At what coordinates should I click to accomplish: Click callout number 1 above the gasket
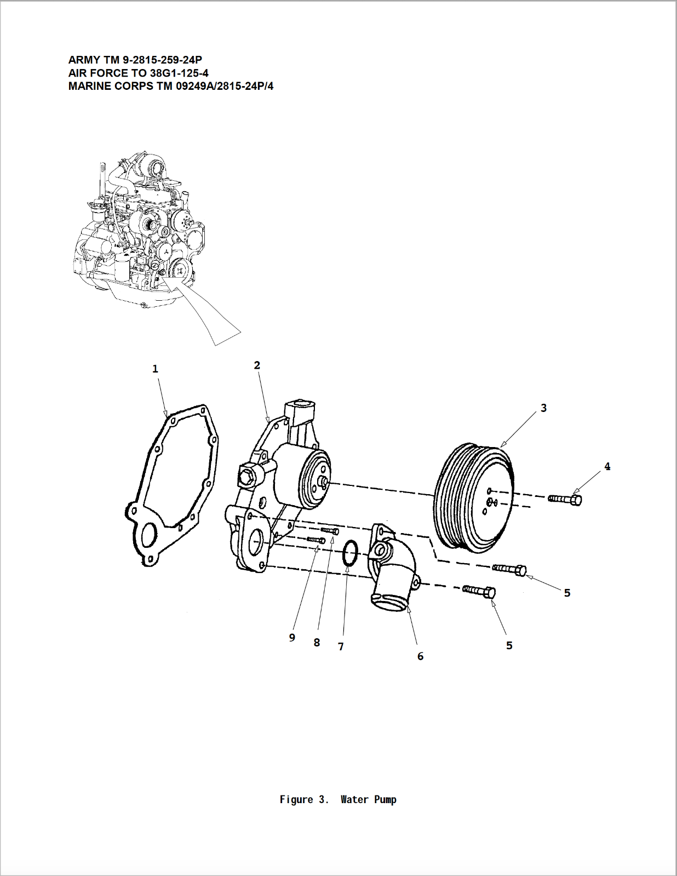(x=155, y=369)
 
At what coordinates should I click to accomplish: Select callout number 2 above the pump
(x=257, y=365)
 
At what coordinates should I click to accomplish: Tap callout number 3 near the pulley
(x=543, y=408)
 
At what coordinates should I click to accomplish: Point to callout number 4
(x=607, y=467)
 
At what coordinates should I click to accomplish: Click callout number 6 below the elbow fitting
(x=420, y=656)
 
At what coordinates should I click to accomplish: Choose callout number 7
(x=341, y=647)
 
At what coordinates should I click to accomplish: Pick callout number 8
(x=317, y=643)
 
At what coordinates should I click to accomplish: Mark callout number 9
(x=292, y=638)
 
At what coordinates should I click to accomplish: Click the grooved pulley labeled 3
(x=474, y=496)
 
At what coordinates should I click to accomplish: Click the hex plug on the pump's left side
(x=247, y=474)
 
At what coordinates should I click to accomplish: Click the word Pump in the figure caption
(x=385, y=800)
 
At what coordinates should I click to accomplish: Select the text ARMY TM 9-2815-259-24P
(x=135, y=60)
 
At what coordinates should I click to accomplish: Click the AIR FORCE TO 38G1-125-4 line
(x=138, y=73)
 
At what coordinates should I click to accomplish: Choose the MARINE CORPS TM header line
(x=170, y=86)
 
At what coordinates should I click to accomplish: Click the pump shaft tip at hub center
(x=324, y=482)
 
